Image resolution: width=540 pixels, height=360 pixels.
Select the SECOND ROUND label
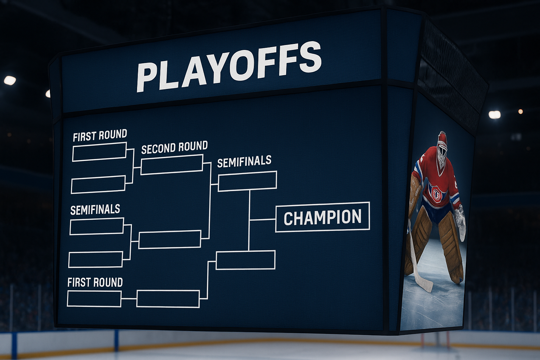point(174,147)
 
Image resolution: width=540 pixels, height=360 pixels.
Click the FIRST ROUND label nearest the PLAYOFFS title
point(100,135)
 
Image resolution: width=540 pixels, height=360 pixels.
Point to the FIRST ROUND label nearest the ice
point(95,282)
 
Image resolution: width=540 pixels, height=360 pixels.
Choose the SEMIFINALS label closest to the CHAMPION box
point(244,161)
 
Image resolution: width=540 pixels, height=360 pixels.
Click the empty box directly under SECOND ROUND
point(172,165)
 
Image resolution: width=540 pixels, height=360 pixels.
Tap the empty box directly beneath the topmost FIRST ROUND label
point(99,152)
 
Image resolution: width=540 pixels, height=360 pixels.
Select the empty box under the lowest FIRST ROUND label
point(94,299)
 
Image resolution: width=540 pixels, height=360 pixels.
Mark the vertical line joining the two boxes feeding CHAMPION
point(249,220)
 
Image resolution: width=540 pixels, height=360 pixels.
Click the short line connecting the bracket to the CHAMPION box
point(263,220)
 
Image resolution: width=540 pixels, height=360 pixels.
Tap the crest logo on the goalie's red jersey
point(436,193)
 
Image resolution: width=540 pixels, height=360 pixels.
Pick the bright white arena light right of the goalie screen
point(494,115)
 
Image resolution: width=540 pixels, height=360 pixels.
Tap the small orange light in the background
point(520,111)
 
